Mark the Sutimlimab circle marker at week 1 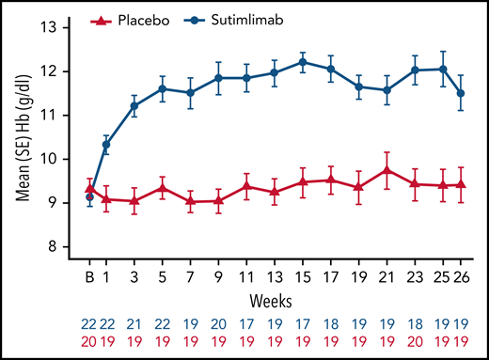(x=106, y=145)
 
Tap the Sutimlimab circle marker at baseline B (x=90, y=197)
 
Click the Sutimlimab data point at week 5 (x=164, y=88)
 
